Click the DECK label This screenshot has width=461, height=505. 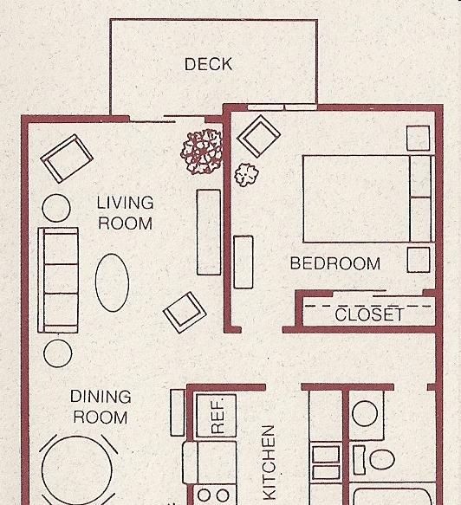208,64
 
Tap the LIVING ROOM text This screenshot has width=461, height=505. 125,213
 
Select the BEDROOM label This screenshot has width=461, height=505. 335,263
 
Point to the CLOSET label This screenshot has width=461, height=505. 369,314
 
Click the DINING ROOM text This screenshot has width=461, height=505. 101,407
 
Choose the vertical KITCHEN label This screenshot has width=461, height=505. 269,463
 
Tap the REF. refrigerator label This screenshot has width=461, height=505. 218,417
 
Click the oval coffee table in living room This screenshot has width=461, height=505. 112,282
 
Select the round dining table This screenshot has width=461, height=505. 77,470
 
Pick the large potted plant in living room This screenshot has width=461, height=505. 202,152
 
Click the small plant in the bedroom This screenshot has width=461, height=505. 246,175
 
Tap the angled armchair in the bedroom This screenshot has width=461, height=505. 259,136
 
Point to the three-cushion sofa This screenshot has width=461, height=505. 58,280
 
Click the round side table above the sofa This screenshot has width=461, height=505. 56,208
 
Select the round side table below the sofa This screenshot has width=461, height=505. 58,353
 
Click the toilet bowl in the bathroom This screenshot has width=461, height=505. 382,459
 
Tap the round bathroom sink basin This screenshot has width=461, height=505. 365,413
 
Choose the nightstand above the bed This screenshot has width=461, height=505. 419,138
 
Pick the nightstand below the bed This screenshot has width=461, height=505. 419,260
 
